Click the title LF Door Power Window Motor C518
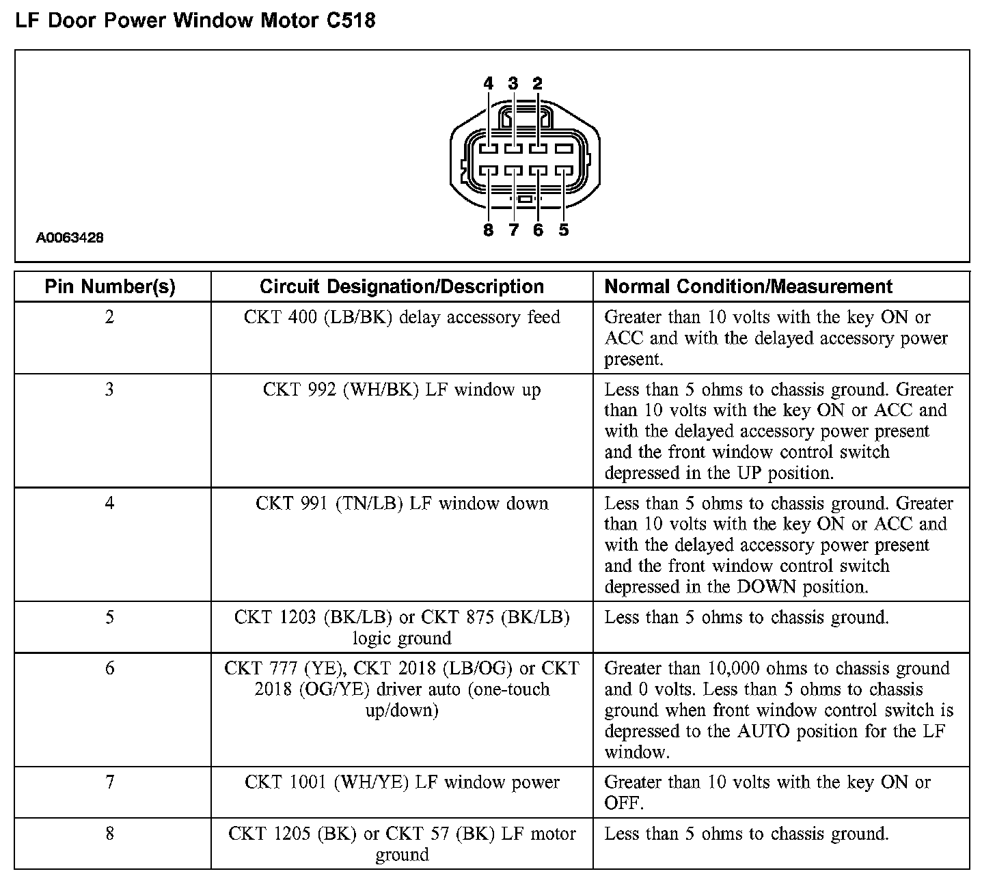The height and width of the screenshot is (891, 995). point(195,20)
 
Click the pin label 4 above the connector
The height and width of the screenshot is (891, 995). point(488,83)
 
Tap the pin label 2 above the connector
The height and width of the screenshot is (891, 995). point(538,83)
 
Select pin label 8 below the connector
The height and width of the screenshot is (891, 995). point(488,230)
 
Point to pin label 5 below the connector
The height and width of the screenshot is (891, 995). point(563,230)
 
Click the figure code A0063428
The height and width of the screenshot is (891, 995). point(70,238)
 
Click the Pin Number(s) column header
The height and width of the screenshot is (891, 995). point(110,287)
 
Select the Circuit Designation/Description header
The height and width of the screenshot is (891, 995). point(402,287)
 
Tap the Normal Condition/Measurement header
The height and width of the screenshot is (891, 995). point(749,287)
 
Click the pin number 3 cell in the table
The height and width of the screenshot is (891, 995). point(109,390)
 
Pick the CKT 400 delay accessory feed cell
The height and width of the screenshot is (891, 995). point(402,318)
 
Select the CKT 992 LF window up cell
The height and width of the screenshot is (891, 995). point(402,390)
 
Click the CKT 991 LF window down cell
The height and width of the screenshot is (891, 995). point(402,504)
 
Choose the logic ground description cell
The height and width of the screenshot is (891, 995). point(402,628)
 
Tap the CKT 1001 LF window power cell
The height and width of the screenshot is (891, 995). point(402,782)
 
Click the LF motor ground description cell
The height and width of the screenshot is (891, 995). point(402,844)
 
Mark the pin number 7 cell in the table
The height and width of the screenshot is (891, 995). point(109,782)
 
